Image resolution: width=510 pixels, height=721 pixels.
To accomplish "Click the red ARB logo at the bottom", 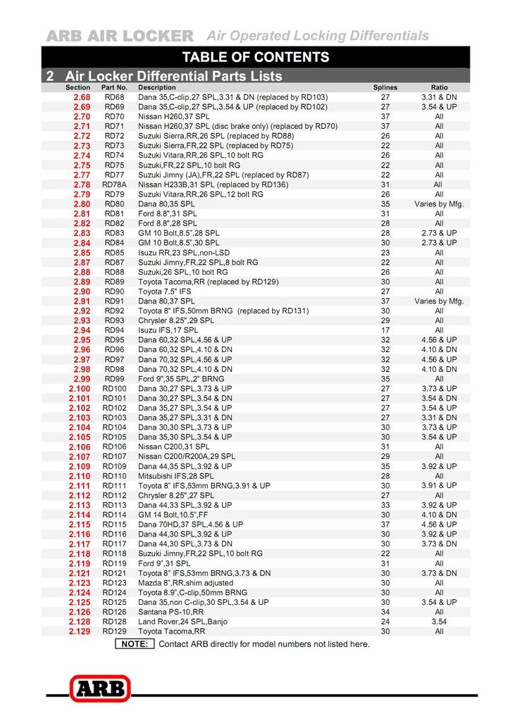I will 99,688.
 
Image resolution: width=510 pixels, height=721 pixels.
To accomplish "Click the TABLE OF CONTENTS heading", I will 255,57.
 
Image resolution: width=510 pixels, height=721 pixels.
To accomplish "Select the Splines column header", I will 385,87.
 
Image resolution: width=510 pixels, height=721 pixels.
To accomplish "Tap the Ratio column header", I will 439,87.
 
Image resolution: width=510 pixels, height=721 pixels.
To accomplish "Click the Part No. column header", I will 114,87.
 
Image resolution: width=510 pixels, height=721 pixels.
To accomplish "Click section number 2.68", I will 82,97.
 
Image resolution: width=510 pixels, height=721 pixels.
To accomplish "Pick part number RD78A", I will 114,184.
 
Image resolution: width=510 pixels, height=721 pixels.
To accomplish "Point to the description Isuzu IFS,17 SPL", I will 168,330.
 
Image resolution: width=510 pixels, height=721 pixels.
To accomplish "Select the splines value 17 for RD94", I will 385,330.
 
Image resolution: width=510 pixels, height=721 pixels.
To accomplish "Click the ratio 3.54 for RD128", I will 439,622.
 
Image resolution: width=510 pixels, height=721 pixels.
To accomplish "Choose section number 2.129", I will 80,632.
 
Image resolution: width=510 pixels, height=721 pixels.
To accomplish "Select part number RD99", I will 114,379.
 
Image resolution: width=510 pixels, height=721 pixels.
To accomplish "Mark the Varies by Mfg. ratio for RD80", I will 439,204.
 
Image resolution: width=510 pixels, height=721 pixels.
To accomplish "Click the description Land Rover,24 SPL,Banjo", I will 182,622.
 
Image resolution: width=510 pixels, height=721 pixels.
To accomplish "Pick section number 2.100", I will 80,389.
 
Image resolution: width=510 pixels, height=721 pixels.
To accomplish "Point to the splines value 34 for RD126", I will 385,612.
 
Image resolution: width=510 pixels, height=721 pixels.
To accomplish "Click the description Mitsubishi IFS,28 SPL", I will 176,476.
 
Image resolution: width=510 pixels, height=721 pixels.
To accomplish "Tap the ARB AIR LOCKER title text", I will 120,36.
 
